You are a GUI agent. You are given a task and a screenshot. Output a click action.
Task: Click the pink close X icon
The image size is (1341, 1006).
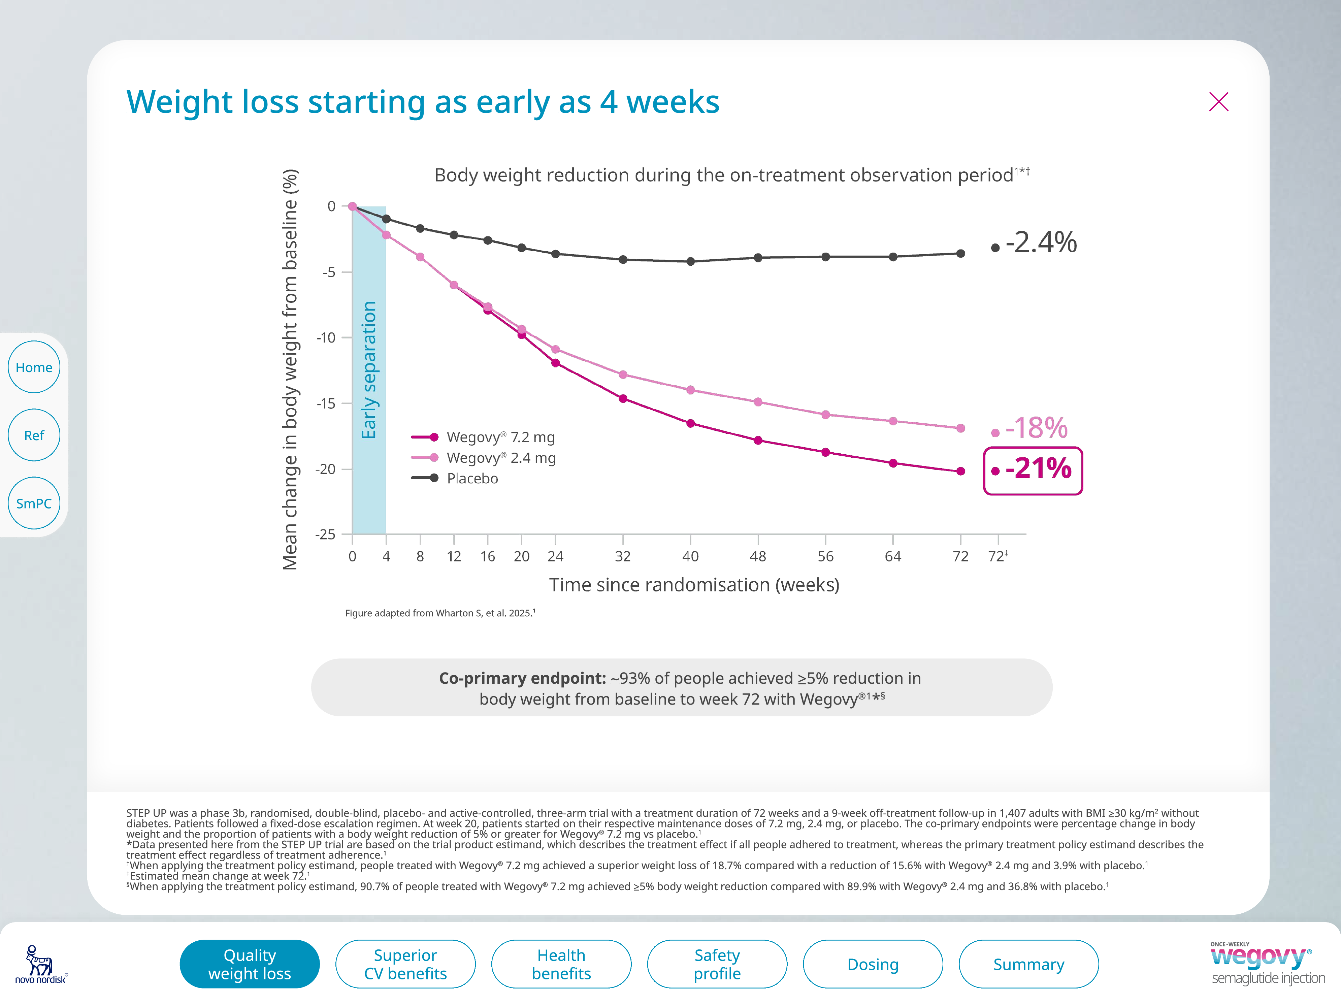pyautogui.click(x=1218, y=102)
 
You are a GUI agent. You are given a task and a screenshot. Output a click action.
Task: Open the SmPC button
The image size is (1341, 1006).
pyautogui.click(x=34, y=503)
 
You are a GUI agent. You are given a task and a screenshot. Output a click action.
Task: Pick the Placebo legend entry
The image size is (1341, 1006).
pyautogui.click(x=472, y=479)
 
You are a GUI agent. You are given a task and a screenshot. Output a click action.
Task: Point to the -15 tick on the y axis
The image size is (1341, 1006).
pyautogui.click(x=326, y=403)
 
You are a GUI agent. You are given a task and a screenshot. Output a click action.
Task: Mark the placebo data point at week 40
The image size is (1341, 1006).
pyautogui.click(x=690, y=261)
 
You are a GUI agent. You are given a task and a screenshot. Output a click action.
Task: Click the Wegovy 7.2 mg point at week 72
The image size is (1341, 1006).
pyautogui.click(x=960, y=471)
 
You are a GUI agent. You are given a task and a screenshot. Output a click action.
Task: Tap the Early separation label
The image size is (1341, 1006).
pyautogui.click(x=369, y=370)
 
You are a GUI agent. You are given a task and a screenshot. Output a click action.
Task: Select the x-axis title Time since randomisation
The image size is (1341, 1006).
pyautogui.click(x=694, y=585)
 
